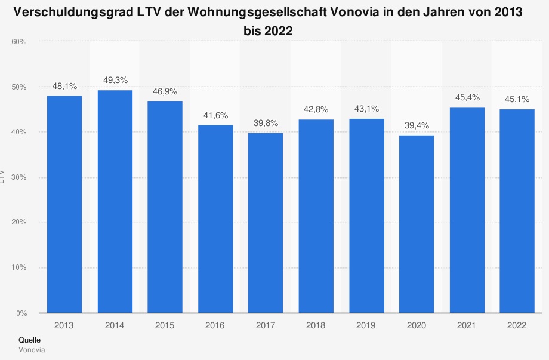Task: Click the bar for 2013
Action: tap(64, 204)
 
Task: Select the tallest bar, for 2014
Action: tap(115, 202)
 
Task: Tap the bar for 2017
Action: tap(266, 223)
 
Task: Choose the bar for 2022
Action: tap(517, 211)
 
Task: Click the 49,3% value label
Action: tap(115, 80)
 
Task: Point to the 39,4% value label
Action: tap(417, 125)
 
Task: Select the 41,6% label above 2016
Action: tap(215, 115)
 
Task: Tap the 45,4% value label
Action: tap(467, 97)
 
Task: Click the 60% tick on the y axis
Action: tap(18, 42)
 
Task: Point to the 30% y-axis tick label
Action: tap(18, 177)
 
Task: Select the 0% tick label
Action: tap(21, 313)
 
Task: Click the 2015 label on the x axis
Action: tap(165, 325)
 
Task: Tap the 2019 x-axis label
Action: tap(366, 325)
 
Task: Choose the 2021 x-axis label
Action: tap(467, 325)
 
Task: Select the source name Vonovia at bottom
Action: tap(32, 349)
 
